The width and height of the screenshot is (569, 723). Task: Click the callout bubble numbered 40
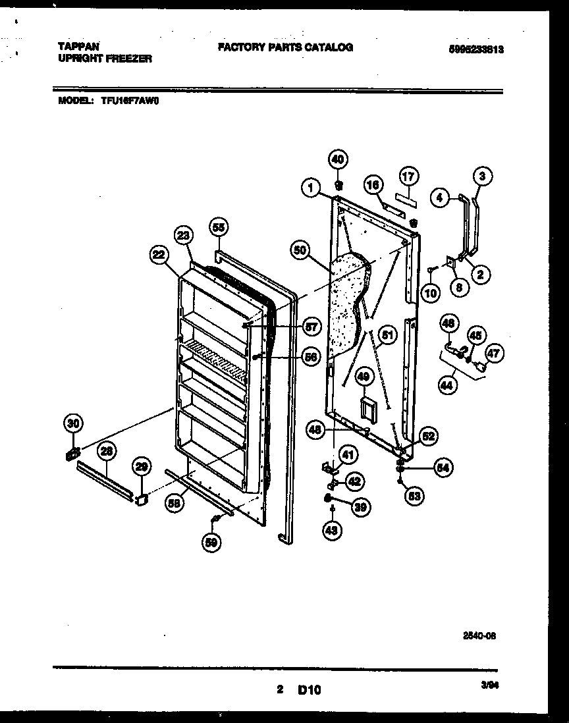tap(337, 159)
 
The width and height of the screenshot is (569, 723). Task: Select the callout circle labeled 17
tap(408, 176)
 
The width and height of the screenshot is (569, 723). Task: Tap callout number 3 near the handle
tap(482, 176)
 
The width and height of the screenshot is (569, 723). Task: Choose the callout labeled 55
tap(218, 227)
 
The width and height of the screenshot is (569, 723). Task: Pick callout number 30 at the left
tap(73, 423)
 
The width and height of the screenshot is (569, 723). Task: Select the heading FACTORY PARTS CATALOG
tap(284, 47)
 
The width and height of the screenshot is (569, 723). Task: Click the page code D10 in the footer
tap(309, 689)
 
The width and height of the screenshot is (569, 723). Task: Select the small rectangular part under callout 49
tap(367, 407)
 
